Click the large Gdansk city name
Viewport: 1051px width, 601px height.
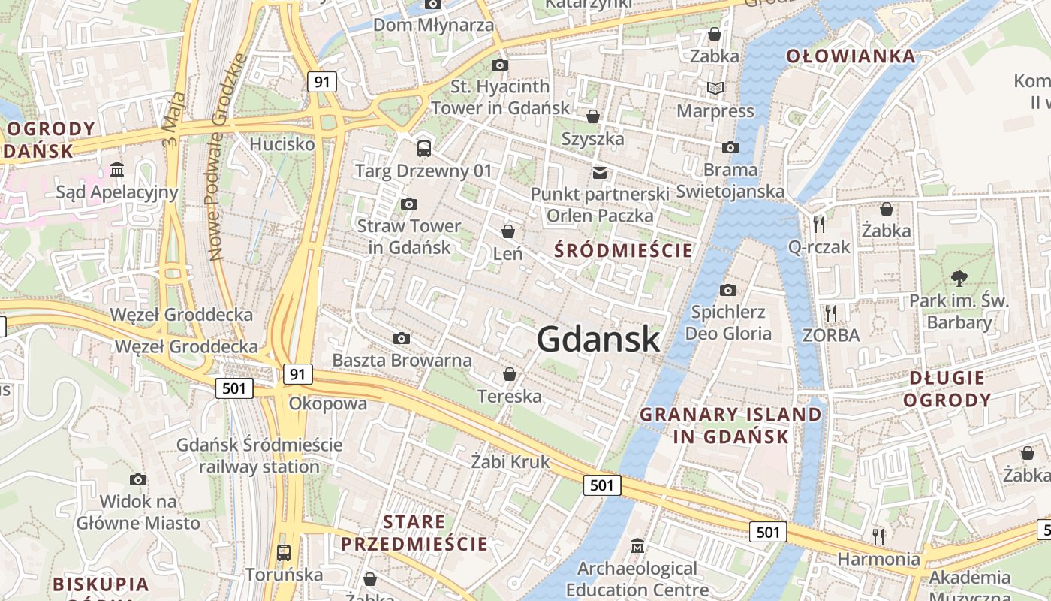[x=598, y=340]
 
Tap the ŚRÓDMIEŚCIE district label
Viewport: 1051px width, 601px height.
[x=623, y=250]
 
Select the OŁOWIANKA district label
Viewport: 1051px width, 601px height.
[x=851, y=56]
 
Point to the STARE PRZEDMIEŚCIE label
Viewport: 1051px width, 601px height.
[x=414, y=533]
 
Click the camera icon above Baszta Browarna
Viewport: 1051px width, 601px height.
[x=402, y=339]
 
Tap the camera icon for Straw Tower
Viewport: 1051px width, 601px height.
[x=409, y=204]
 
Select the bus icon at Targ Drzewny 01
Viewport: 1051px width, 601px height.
[x=424, y=148]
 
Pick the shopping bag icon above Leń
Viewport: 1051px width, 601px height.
[x=508, y=231]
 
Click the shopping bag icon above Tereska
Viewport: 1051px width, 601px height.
[x=510, y=374]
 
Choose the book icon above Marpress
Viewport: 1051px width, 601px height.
[x=715, y=89]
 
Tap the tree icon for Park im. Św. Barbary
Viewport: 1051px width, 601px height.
[x=959, y=279]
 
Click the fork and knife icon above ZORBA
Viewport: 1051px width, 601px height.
[x=830, y=313]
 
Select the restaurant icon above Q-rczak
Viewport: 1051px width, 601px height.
[x=819, y=224]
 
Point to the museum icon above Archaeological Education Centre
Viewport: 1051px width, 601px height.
[x=637, y=545]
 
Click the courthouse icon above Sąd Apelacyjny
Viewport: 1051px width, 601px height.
[x=117, y=170]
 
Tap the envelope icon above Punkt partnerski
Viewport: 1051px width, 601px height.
[x=599, y=173]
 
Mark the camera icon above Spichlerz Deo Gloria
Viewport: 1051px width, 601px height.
[x=727, y=290]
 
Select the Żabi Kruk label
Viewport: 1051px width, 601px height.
[x=510, y=461]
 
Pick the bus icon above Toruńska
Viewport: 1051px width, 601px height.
[x=283, y=553]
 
